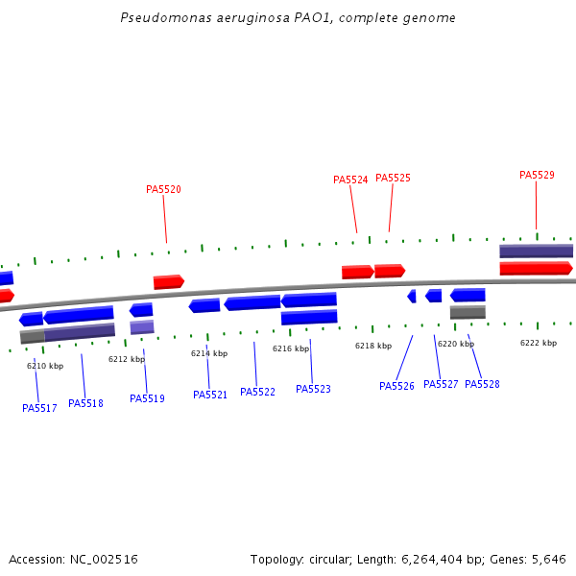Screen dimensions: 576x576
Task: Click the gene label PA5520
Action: (x=163, y=189)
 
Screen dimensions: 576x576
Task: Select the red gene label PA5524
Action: (x=350, y=180)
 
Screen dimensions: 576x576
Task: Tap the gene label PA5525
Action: (x=393, y=178)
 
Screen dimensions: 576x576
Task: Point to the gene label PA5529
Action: (x=537, y=175)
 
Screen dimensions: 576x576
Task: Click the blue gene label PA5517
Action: (x=39, y=408)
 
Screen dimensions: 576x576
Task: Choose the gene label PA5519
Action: (x=147, y=398)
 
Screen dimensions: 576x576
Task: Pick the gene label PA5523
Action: (x=313, y=389)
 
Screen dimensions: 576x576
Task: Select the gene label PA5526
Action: (x=396, y=386)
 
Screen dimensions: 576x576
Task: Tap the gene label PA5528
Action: (x=482, y=384)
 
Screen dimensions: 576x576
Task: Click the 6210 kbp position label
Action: (x=45, y=366)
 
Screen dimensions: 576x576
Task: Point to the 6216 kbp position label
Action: (x=291, y=348)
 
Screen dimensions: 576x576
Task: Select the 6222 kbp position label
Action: (x=539, y=343)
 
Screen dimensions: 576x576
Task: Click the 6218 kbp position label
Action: (x=373, y=346)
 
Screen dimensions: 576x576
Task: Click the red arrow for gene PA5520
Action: (x=168, y=281)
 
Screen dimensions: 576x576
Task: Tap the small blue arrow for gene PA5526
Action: (x=412, y=296)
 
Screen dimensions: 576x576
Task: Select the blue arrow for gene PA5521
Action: (x=204, y=305)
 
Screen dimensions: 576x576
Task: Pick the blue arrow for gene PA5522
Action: (x=252, y=302)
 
